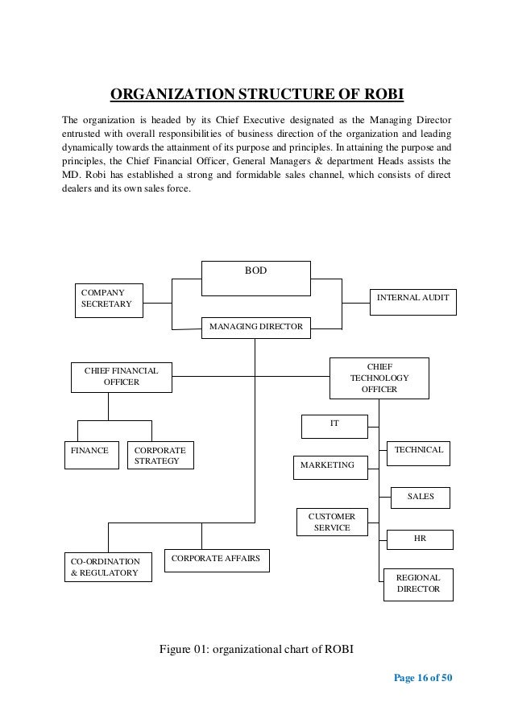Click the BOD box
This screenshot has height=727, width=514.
255,278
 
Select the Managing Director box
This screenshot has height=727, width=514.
255,326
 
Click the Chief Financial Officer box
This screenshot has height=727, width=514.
121,377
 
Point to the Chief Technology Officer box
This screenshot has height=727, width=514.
379,378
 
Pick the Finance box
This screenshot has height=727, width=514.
91,454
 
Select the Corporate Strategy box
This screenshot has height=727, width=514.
161,455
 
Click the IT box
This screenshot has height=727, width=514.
334,424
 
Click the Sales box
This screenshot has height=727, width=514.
420,498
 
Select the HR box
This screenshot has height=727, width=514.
420,539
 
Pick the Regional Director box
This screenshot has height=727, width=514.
418,584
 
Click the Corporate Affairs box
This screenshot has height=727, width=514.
217,560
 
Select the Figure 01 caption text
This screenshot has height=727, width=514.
256,651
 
